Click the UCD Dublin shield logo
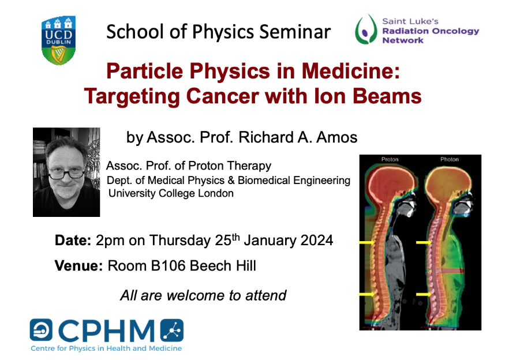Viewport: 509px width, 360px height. click(x=59, y=40)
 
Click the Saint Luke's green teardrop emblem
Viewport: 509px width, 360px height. click(x=366, y=29)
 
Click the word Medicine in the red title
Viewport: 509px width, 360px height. click(x=351, y=71)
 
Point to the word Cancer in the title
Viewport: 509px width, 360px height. click(x=223, y=97)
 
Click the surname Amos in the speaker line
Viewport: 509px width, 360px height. click(x=337, y=137)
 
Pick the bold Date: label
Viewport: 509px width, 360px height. click(x=73, y=241)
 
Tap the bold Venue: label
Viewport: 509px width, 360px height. click(x=79, y=266)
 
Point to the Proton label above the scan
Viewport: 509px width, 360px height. click(x=390, y=159)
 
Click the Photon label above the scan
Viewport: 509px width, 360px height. click(x=449, y=159)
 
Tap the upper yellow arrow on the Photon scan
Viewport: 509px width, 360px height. click(x=424, y=242)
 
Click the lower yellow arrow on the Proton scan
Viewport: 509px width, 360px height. click(x=367, y=294)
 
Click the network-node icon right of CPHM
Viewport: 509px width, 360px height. click(x=172, y=330)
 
